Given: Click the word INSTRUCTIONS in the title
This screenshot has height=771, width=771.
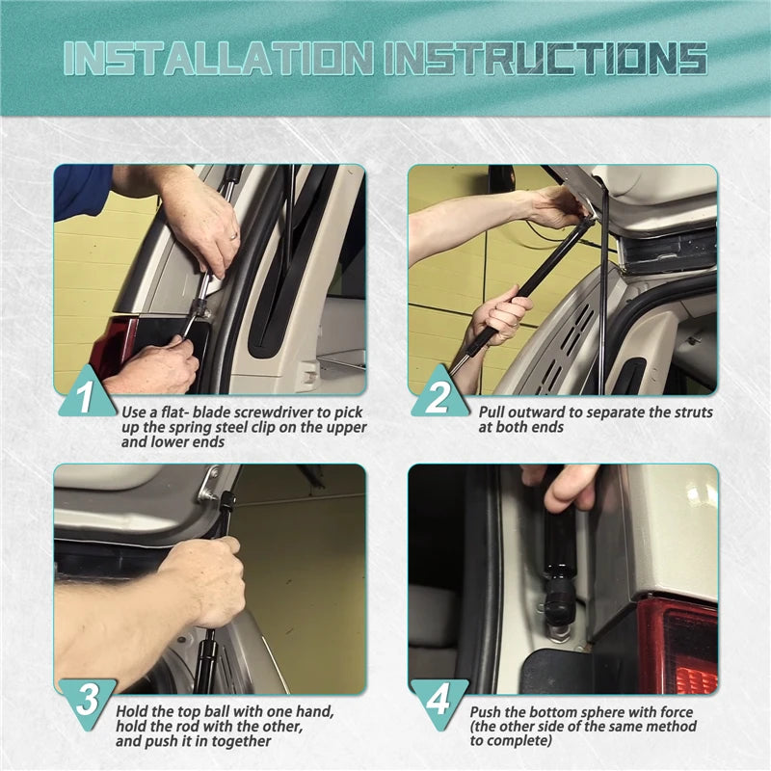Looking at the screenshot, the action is pyautogui.click(x=546, y=59).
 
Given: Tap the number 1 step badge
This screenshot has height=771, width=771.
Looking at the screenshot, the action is pyautogui.click(x=86, y=393).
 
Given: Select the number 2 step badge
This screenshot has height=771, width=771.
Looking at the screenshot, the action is pyautogui.click(x=439, y=393).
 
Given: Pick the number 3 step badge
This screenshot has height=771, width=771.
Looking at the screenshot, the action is pyautogui.click(x=88, y=701).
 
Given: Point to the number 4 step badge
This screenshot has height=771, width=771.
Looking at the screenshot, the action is pyautogui.click(x=439, y=701).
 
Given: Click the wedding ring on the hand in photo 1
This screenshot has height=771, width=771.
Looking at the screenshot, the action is pyautogui.click(x=232, y=237).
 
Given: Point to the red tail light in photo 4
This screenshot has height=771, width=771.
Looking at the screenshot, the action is pyautogui.click(x=678, y=644).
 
